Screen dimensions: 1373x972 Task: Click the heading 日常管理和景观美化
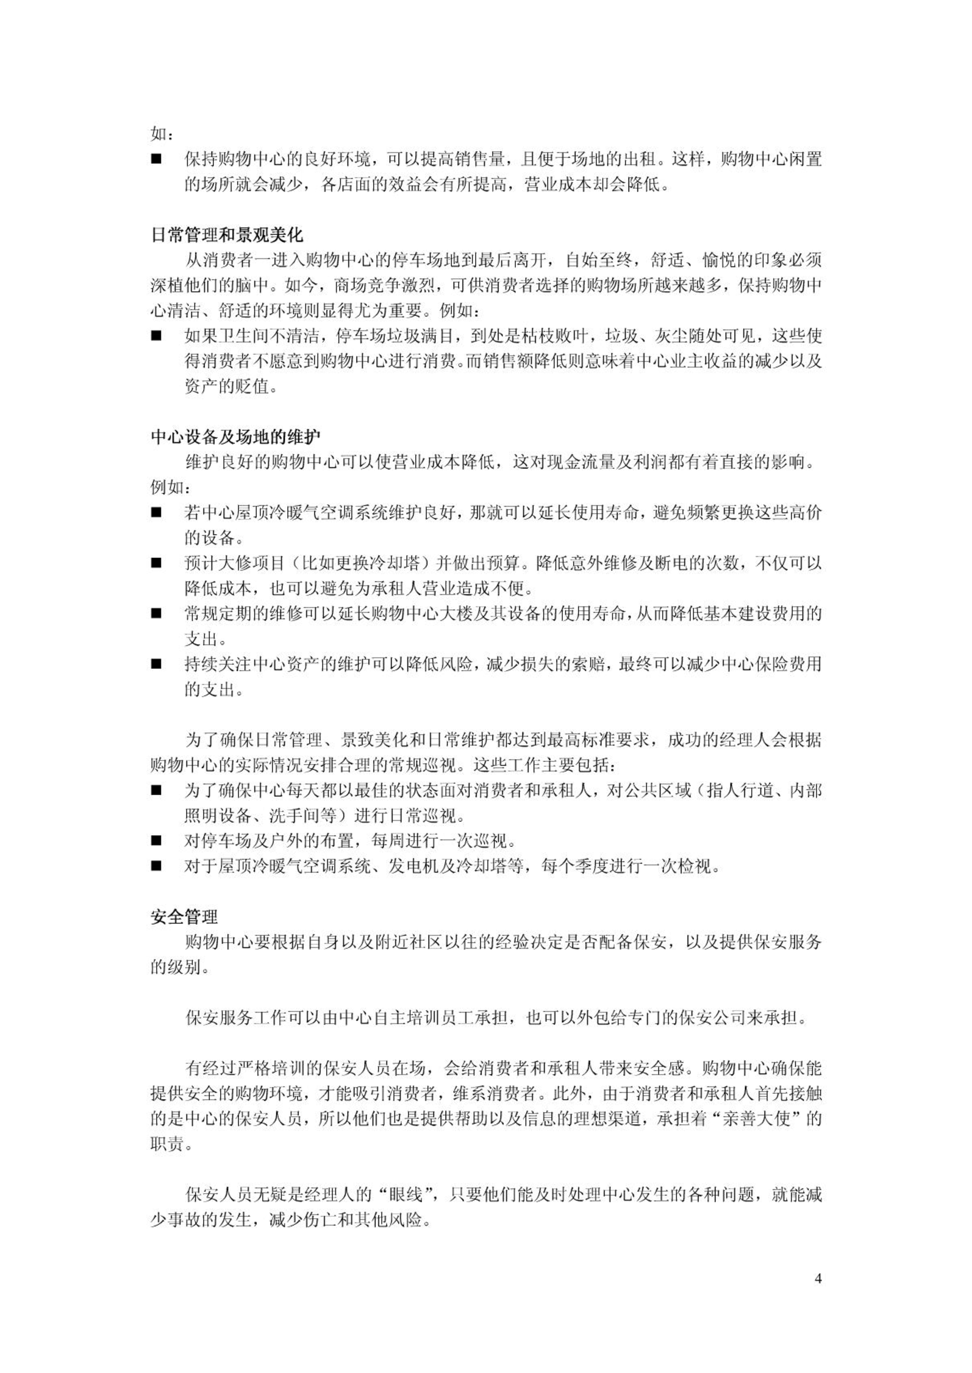pos(227,235)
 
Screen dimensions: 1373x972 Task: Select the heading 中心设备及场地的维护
pos(235,437)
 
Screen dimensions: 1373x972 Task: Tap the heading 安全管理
pos(184,916)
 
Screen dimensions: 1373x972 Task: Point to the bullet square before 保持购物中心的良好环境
pos(157,159)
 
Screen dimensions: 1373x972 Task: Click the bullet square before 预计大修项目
pos(157,563)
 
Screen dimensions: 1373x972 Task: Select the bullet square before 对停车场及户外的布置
pos(157,841)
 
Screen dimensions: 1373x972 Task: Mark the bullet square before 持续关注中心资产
pos(157,664)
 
